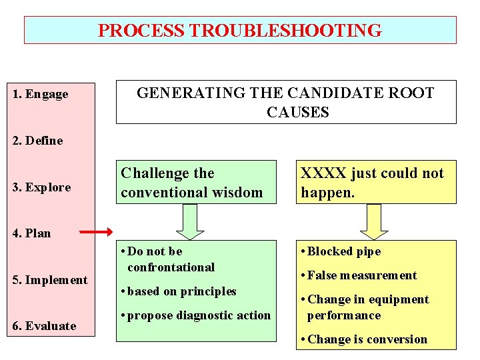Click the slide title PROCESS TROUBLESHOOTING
click(x=240, y=31)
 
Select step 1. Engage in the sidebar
click(x=41, y=94)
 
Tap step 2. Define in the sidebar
click(x=38, y=141)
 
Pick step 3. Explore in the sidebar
click(x=42, y=187)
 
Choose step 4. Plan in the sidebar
click(x=32, y=233)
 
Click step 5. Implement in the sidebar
click(x=51, y=280)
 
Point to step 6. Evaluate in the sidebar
click(x=44, y=326)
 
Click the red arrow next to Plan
click(x=97, y=233)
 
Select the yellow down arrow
click(x=374, y=221)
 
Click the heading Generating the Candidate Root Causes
click(x=285, y=102)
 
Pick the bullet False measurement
click(x=361, y=275)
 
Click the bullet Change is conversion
click(x=367, y=339)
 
